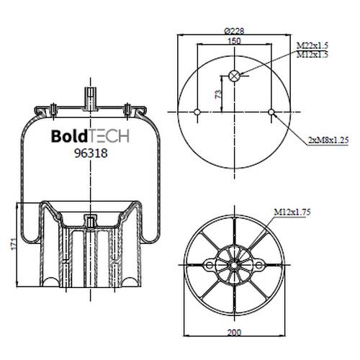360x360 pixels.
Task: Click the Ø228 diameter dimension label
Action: pos(234,31)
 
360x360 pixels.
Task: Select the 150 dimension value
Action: pos(234,41)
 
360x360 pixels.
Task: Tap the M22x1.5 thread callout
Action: pos(312,45)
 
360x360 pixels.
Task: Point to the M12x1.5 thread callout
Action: pos(312,55)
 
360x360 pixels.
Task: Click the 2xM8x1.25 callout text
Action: pos(328,140)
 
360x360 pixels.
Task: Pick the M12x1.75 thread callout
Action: pos(292,212)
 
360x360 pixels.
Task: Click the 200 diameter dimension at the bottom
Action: pos(234,333)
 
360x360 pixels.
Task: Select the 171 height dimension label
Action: pos(14,243)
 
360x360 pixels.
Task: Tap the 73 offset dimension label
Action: pos(218,94)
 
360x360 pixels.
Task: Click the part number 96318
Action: pos(91,153)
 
